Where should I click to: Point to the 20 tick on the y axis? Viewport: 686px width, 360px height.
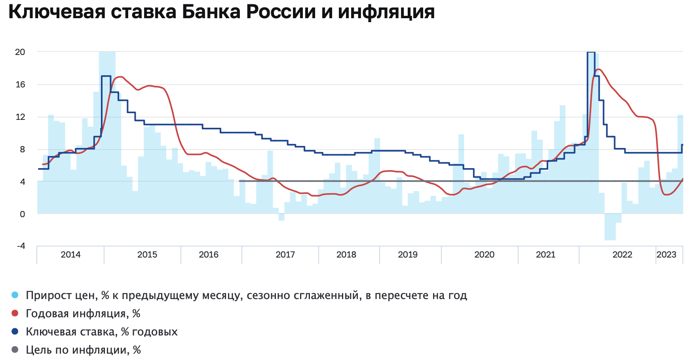[20, 52]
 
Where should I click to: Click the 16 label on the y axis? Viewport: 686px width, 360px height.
[20, 84]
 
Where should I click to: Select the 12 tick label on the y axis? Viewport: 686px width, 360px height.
[20, 117]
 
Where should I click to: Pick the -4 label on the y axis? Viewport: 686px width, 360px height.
[21, 246]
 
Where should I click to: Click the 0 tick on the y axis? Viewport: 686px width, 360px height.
[22, 214]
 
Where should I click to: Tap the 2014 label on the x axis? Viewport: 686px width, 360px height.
[70, 254]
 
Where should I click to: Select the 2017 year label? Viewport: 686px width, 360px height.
[285, 254]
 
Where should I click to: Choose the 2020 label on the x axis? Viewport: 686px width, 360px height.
[484, 254]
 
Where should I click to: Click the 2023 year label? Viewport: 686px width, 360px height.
[666, 254]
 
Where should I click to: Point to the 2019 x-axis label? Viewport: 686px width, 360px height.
[408, 254]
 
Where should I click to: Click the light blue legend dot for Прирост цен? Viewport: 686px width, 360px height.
[15, 295]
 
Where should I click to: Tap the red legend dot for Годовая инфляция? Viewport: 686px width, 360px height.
[15, 313]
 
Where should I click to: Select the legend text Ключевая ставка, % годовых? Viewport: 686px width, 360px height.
[102, 332]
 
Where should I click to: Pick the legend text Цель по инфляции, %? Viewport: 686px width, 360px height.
[83, 350]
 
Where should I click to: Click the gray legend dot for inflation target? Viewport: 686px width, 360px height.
[15, 350]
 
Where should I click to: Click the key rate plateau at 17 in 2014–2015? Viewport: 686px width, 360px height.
[106, 76]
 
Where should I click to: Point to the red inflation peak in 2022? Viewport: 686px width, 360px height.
[598, 70]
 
